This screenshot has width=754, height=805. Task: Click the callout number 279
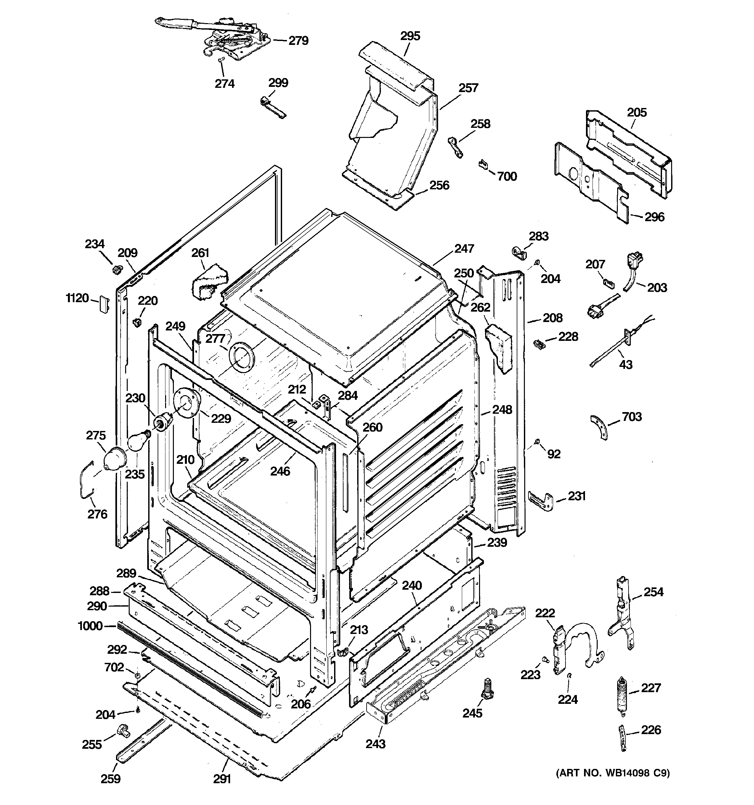point(298,40)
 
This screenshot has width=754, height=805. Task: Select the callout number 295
point(410,36)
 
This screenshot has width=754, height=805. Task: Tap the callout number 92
point(554,454)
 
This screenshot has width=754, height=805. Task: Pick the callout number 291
point(222,779)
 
